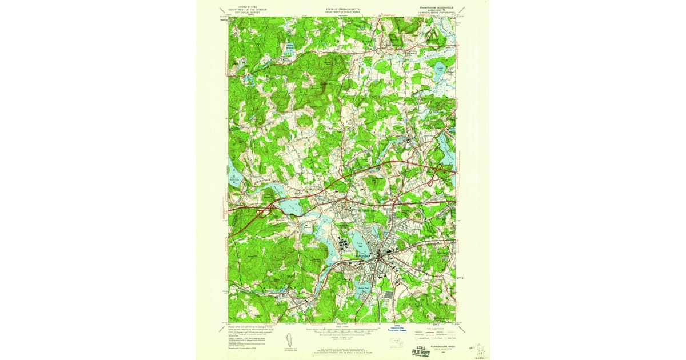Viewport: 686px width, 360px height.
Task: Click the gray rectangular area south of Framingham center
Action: [x=389, y=295]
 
